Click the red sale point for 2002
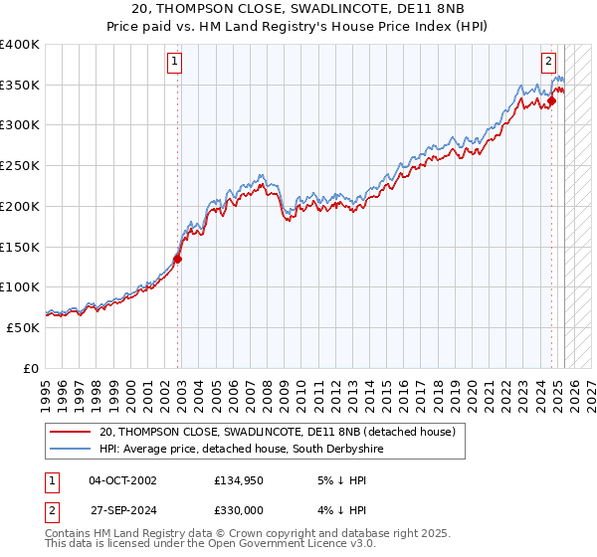coord(178,259)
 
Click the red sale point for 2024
coord(551,100)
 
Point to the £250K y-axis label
coord(20,166)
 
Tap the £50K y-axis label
coord(24,327)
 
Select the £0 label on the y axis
coord(30,368)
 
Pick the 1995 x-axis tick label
coord(46,390)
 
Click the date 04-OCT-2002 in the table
coord(122,480)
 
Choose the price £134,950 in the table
coord(239,480)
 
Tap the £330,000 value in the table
coord(239,509)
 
